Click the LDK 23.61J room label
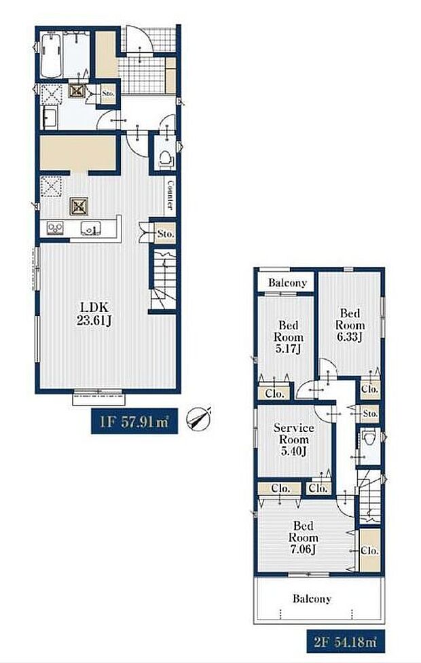pyautogui.click(x=94, y=314)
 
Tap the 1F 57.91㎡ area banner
pyautogui.click(x=134, y=421)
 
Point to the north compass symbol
pyautogui.click(x=199, y=419)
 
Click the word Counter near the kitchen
pyautogui.click(x=170, y=195)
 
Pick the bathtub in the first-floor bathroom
pyautogui.click(x=52, y=56)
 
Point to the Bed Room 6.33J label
pyautogui.click(x=350, y=325)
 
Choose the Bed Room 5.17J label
pyautogui.click(x=289, y=337)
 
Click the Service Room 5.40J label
pyautogui.click(x=294, y=440)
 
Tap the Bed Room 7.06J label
pyautogui.click(x=303, y=537)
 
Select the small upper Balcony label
pyautogui.click(x=287, y=283)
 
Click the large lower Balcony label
pyautogui.click(x=312, y=598)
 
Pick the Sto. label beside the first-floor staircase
pyautogui.click(x=166, y=234)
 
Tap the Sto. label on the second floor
pyautogui.click(x=370, y=414)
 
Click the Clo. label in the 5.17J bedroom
pyautogui.click(x=275, y=394)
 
